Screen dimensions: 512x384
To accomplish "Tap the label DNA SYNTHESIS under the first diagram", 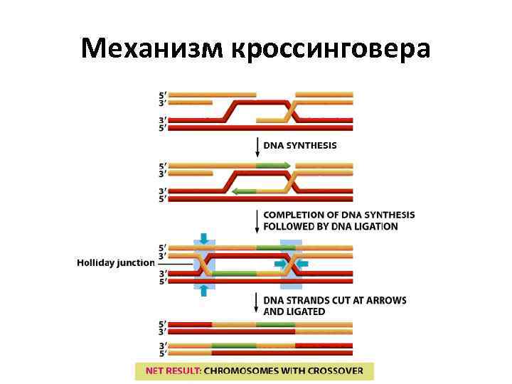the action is tap(300, 146).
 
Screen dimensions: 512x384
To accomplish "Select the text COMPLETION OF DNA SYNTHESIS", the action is tap(339, 215).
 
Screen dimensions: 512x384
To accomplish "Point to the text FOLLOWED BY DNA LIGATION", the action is tap(331, 226).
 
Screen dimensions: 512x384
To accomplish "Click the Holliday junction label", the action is tap(115, 262).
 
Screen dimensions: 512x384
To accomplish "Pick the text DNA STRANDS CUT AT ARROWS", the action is tap(335, 300).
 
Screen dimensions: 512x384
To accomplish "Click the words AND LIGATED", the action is tap(294, 311).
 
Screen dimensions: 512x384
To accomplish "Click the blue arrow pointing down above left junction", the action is tap(204, 238).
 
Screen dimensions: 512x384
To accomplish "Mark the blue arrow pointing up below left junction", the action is tap(204, 289).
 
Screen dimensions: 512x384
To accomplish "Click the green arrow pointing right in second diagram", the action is tap(273, 165).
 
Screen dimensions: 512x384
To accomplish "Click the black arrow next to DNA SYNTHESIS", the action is tap(257, 147).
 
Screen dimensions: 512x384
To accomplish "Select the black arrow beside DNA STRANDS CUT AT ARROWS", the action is tap(257, 304).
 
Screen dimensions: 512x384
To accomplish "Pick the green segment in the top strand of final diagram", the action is tap(275, 324).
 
